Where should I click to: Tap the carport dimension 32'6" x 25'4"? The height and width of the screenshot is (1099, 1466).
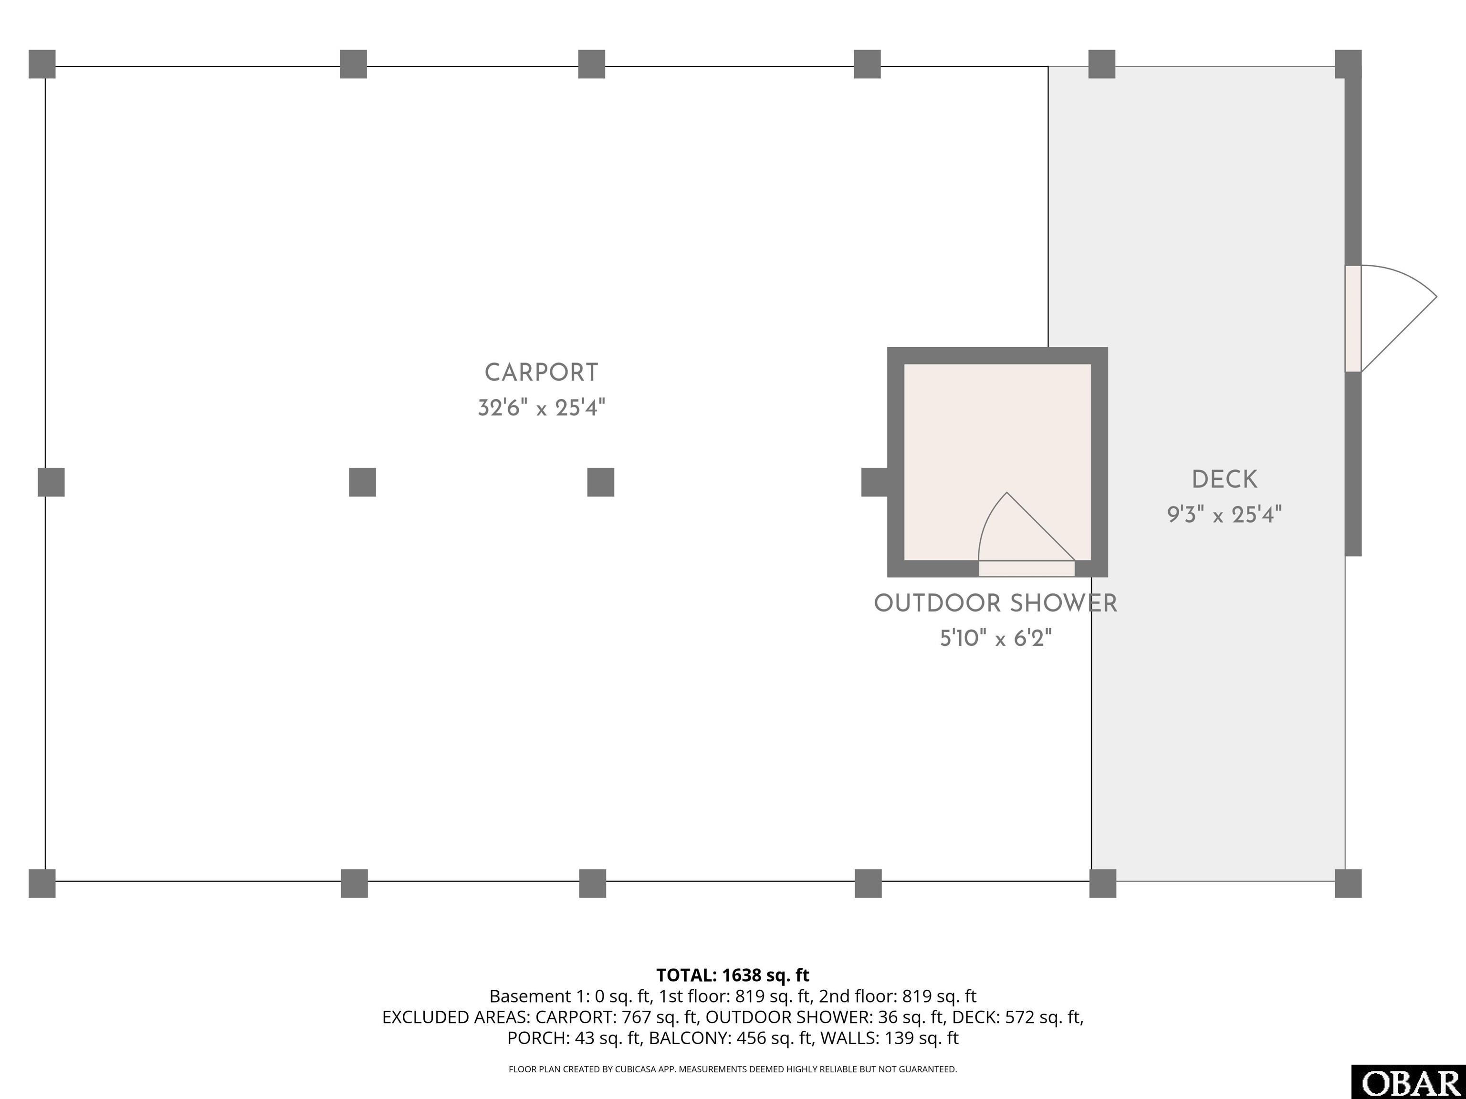pos(542,407)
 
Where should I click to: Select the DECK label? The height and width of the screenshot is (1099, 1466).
pos(1224,479)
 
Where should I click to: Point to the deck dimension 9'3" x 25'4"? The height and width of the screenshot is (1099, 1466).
pos(1224,515)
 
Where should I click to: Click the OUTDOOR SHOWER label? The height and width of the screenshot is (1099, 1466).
pos(995,603)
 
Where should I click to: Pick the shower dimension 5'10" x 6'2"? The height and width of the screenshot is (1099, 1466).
pos(995,639)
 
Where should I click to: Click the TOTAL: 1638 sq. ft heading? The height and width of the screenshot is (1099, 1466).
pos(733,975)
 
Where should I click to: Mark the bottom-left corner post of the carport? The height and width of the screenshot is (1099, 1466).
pos(42,884)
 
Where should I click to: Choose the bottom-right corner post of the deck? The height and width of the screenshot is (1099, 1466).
pos(1348,884)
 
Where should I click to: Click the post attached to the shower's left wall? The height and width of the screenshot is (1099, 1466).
pos(874,482)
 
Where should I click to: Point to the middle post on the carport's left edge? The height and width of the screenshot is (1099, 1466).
pos(51,482)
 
